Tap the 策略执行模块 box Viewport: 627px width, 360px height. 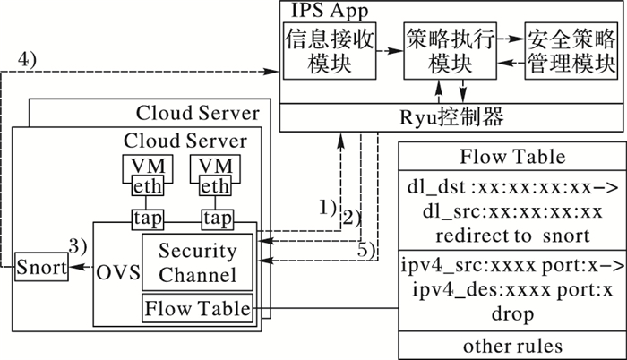pos(451,52)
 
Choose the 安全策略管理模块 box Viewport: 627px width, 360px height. pos(571,52)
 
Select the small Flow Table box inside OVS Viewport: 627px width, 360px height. pos(198,309)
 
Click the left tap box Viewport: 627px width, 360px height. pos(145,219)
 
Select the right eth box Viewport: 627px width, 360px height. pos(212,186)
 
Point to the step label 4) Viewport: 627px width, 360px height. pos(28,60)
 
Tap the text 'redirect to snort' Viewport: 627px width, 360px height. pos(512,235)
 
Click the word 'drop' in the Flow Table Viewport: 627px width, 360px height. pos(512,314)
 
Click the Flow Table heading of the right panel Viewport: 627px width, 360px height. pos(512,157)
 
